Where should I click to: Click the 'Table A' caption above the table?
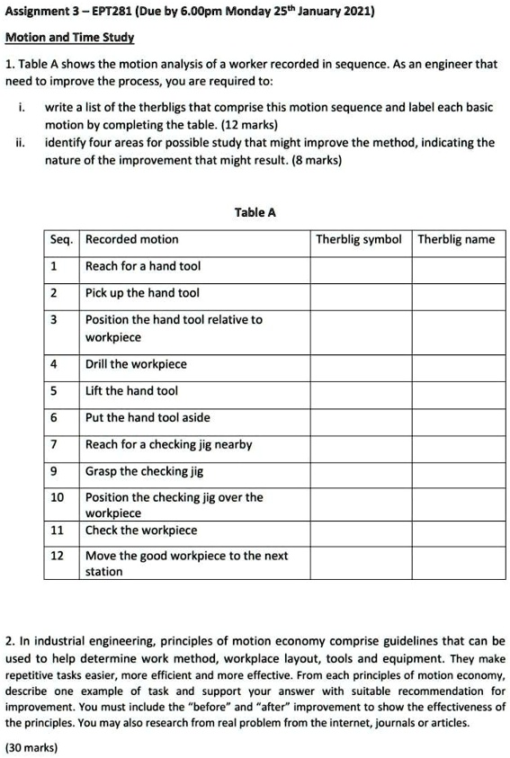click(x=255, y=212)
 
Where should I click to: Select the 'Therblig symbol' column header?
click(x=358, y=239)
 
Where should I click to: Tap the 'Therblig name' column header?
click(x=456, y=239)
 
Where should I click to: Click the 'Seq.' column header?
click(x=61, y=239)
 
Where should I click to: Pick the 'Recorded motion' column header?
click(x=131, y=239)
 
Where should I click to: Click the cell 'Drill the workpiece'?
click(x=136, y=364)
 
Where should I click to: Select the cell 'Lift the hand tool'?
click(x=131, y=390)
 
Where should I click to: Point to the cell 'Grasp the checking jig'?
click(x=144, y=471)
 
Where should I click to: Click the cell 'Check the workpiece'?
click(x=140, y=530)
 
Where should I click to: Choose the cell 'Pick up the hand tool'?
click(x=142, y=293)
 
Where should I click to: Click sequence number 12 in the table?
click(x=57, y=556)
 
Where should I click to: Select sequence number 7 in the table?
click(x=54, y=444)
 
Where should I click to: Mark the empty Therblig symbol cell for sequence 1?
click(x=361, y=266)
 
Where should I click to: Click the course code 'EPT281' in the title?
click(x=110, y=13)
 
